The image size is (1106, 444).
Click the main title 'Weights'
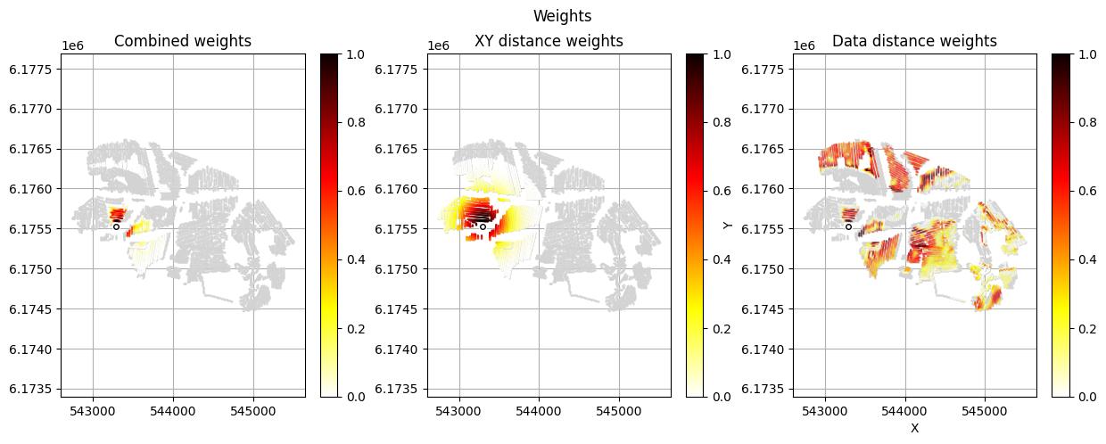562,16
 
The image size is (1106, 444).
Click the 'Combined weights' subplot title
183,41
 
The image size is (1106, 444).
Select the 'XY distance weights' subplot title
549,41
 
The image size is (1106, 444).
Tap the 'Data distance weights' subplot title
914,41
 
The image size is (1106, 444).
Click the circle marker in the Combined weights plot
117,226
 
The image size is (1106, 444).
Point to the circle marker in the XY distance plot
483,226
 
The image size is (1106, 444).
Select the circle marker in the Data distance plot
848,226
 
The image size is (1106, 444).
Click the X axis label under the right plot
914,429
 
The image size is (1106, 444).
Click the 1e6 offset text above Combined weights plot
75,45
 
